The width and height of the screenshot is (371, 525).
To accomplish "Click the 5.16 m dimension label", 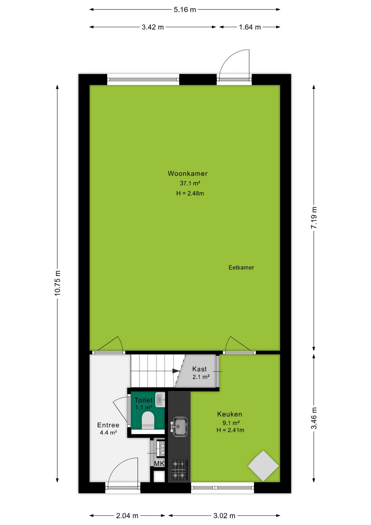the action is coord(185,10).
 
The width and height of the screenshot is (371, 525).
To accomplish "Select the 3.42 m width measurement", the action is coord(153,27).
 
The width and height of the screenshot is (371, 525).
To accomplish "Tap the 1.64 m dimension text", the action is coord(250,27).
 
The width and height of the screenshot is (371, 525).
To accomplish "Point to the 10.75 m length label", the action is coord(57,283).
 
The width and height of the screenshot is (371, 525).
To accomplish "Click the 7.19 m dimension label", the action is coord(314,218).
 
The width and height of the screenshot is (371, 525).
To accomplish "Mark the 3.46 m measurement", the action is coord(314,418).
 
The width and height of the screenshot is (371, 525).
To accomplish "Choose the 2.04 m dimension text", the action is coord(127,516).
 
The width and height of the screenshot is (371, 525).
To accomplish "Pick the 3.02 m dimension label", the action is coord(224,516).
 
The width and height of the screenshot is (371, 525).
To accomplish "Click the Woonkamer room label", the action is coord(188,174).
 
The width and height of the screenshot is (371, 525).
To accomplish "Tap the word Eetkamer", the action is coord(241,268).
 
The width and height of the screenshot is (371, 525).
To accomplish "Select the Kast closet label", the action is coord(199,369).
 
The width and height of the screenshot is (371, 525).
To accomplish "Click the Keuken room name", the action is coord(230,414).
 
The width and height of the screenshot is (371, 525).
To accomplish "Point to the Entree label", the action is coord(108,425).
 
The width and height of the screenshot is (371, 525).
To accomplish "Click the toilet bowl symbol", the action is coord(148,421).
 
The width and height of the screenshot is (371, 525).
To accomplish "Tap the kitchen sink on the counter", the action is coord(179,427).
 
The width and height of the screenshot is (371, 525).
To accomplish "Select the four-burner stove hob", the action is coord(179,470).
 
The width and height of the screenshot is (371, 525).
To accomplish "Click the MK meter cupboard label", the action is coord(159,463).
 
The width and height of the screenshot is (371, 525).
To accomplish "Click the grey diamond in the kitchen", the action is coord(263,466).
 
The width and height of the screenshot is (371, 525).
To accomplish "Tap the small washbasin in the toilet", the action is coord(160,400).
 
